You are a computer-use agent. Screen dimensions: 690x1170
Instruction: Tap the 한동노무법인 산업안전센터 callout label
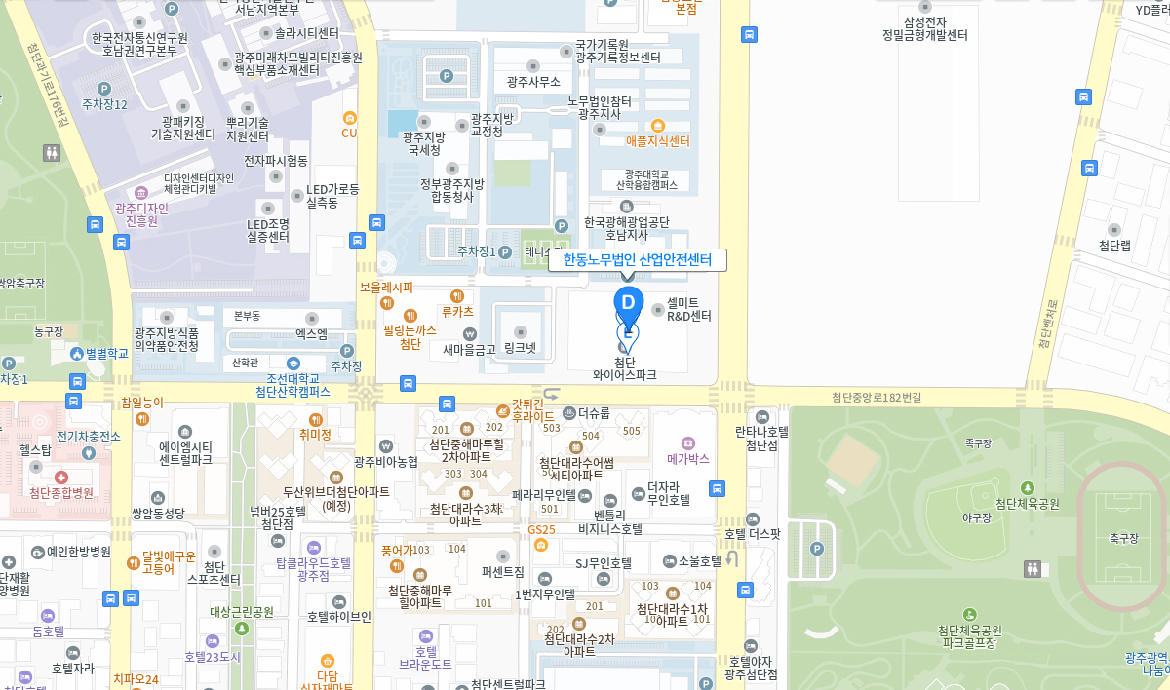638,260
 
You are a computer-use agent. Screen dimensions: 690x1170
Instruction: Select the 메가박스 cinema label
688,458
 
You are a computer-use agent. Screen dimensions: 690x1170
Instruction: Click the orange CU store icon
349,133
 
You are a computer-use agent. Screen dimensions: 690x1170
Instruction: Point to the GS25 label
541,530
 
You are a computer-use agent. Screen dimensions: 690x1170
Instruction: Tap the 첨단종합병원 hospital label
60,493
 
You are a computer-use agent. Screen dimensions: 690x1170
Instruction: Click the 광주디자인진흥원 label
141,214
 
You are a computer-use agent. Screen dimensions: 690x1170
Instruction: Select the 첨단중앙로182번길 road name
876,397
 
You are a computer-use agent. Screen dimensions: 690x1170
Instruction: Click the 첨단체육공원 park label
1027,504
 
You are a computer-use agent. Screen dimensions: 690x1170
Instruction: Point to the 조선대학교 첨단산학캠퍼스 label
292,385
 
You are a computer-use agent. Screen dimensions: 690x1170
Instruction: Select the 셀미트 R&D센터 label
688,309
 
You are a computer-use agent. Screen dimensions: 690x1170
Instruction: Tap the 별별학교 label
106,353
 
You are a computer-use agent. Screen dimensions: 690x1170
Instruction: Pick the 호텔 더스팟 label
752,533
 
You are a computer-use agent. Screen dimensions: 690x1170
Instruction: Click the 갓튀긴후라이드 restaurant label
526,409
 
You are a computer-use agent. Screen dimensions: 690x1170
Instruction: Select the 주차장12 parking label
104,104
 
